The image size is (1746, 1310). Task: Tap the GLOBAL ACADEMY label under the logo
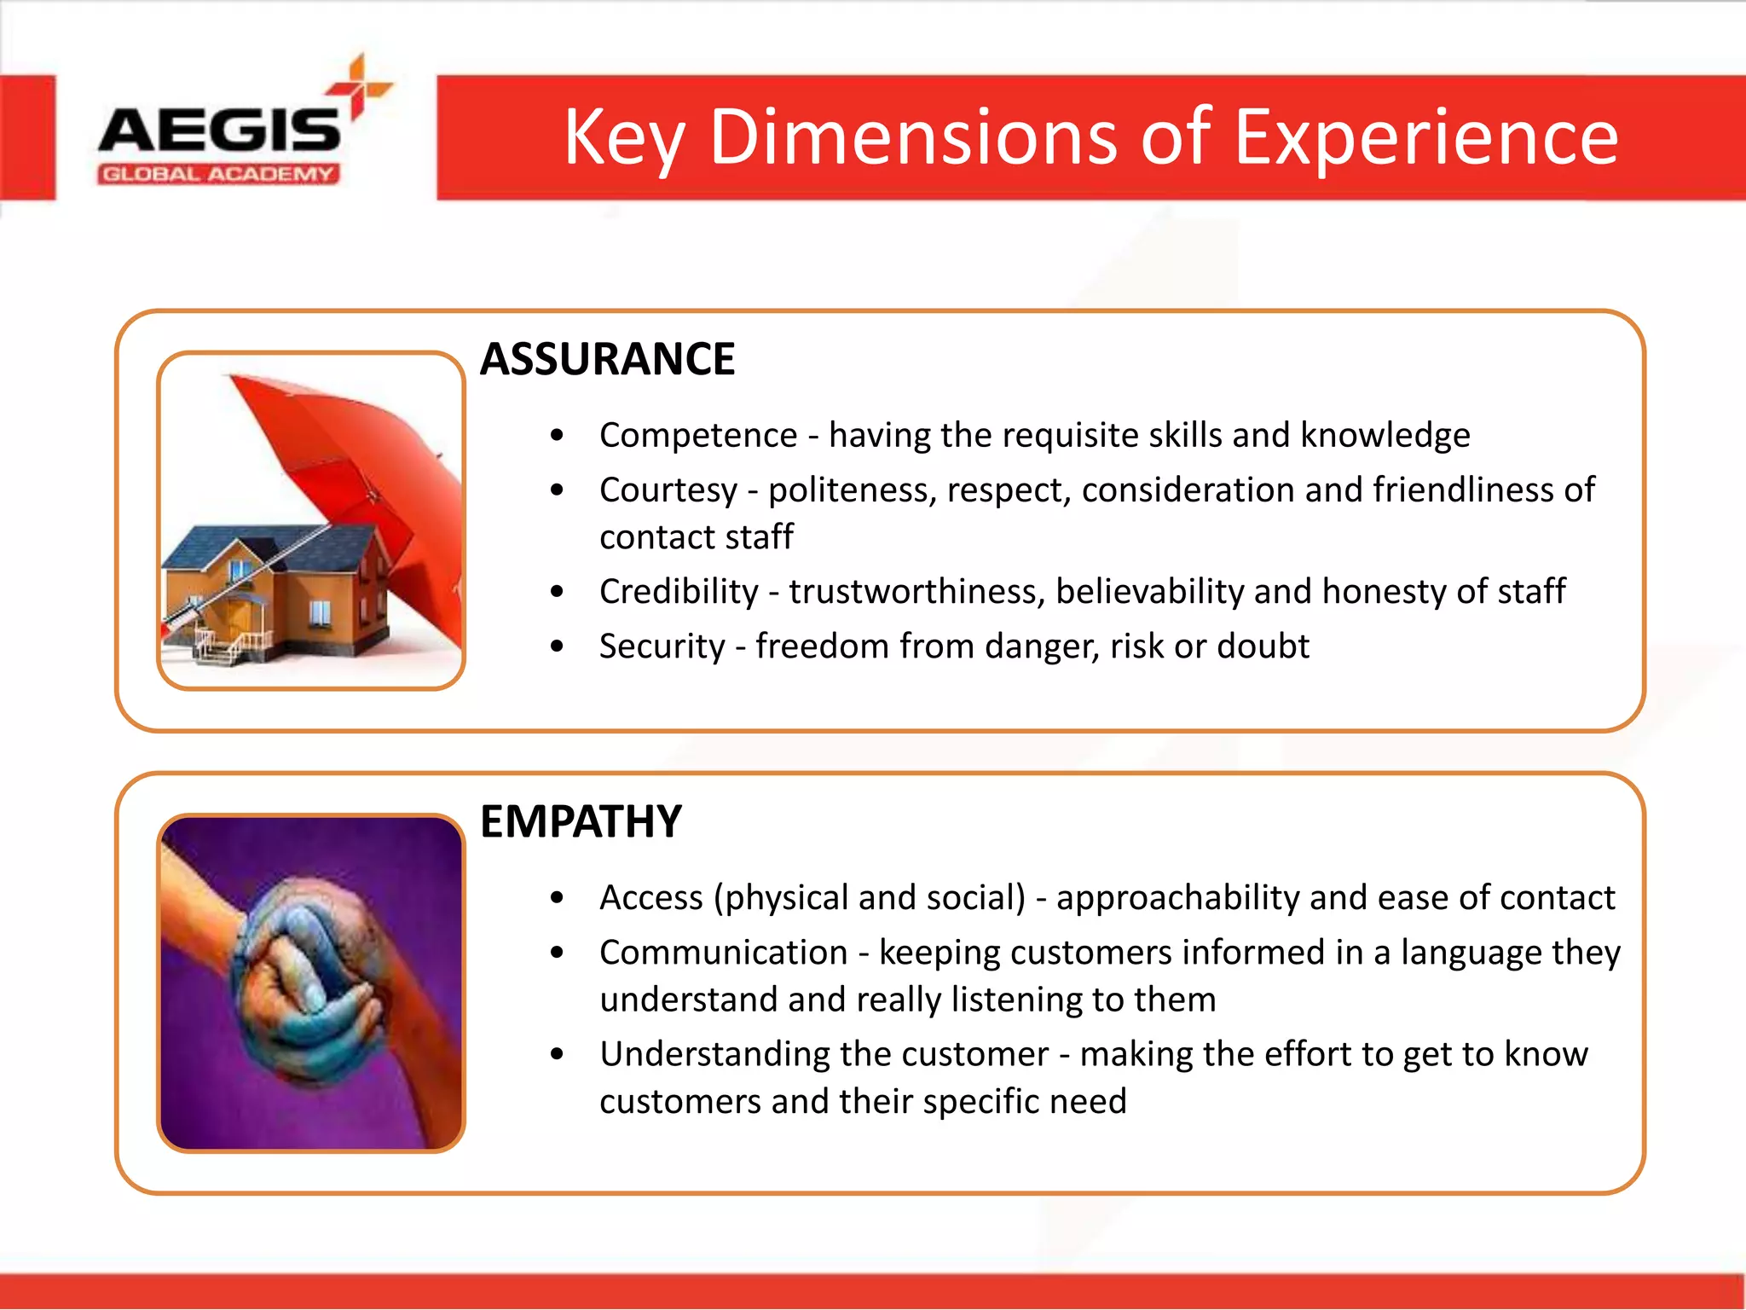(x=218, y=175)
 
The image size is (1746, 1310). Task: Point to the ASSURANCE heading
(x=607, y=359)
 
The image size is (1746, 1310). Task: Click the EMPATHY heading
(x=581, y=822)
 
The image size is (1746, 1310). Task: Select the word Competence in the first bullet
(x=697, y=436)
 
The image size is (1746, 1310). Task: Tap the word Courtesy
(x=668, y=490)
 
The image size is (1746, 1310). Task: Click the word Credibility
(x=679, y=592)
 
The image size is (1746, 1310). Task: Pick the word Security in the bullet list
(x=662, y=646)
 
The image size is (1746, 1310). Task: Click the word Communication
(x=723, y=953)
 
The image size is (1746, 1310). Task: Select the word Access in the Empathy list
(x=651, y=898)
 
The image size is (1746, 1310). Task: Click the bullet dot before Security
(x=558, y=646)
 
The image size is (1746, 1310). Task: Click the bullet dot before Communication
(x=558, y=953)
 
